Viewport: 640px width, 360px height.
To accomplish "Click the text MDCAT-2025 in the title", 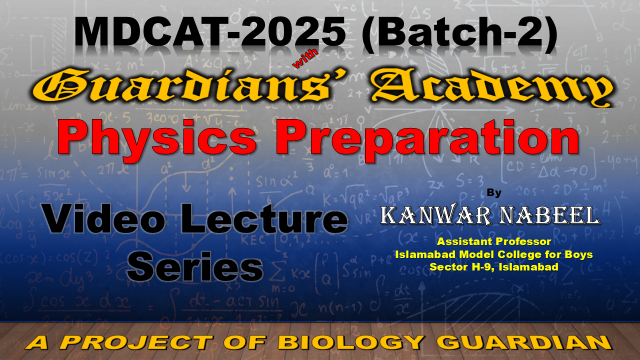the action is (210, 32).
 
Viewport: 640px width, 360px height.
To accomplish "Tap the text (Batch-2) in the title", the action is (459, 34).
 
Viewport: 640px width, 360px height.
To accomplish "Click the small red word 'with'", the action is (305, 59).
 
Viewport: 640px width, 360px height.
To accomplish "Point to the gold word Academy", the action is (491, 89).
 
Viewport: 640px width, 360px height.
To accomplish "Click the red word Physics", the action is (157, 138).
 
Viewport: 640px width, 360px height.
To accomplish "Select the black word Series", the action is (195, 266).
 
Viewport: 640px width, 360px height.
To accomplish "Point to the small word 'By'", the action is (494, 193).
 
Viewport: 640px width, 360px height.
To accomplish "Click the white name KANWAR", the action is (436, 215).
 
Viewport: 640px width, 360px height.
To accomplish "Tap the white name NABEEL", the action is (550, 215).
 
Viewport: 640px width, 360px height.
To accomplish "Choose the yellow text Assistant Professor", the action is (494, 242).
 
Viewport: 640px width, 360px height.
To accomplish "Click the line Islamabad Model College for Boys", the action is (494, 254).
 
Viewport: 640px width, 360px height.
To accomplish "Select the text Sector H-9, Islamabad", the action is (494, 267).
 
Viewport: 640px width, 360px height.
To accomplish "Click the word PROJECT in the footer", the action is (137, 342).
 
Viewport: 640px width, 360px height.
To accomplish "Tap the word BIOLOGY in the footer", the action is (351, 342).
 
